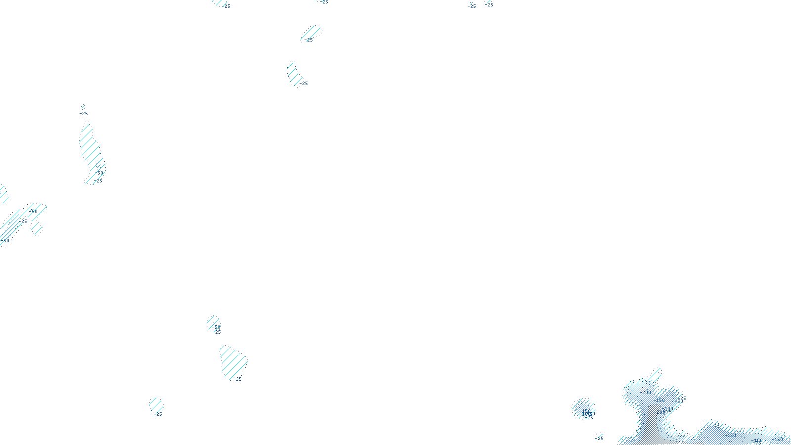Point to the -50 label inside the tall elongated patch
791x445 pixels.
100,173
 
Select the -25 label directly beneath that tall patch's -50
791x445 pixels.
98,181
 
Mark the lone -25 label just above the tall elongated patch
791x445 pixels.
84,114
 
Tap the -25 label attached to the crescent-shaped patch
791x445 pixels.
304,84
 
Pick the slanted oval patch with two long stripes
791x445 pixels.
310,34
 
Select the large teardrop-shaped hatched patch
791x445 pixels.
233,361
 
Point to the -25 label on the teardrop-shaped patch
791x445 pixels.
237,379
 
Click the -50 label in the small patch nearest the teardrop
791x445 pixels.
217,327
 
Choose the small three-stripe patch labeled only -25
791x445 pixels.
156,405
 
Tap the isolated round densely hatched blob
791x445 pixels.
583,408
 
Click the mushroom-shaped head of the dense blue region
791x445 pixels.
653,393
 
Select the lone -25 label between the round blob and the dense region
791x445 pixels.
599,438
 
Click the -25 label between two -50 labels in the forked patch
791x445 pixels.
24,222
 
